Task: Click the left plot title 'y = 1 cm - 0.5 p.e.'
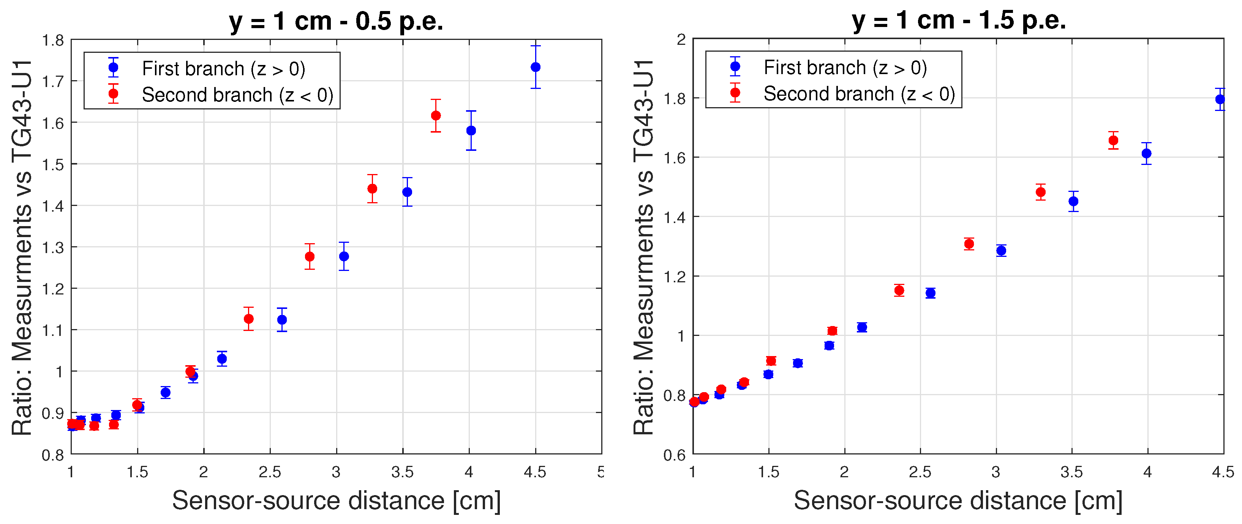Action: coord(336,21)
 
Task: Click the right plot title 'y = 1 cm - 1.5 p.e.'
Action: coord(959,20)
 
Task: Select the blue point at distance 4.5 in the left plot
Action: coord(535,67)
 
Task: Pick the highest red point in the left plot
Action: coord(435,115)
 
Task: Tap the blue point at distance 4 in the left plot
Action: coord(471,131)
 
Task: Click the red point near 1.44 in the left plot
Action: coord(372,188)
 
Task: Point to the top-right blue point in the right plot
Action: coord(1220,100)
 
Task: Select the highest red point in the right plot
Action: coord(1113,141)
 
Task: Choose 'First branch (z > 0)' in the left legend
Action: coord(224,68)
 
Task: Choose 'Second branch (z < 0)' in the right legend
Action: coord(859,93)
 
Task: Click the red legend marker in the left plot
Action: coord(113,93)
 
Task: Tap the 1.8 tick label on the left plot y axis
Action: coord(53,41)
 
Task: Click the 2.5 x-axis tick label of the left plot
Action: coord(270,472)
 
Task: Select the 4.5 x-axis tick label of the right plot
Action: coord(1223,472)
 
